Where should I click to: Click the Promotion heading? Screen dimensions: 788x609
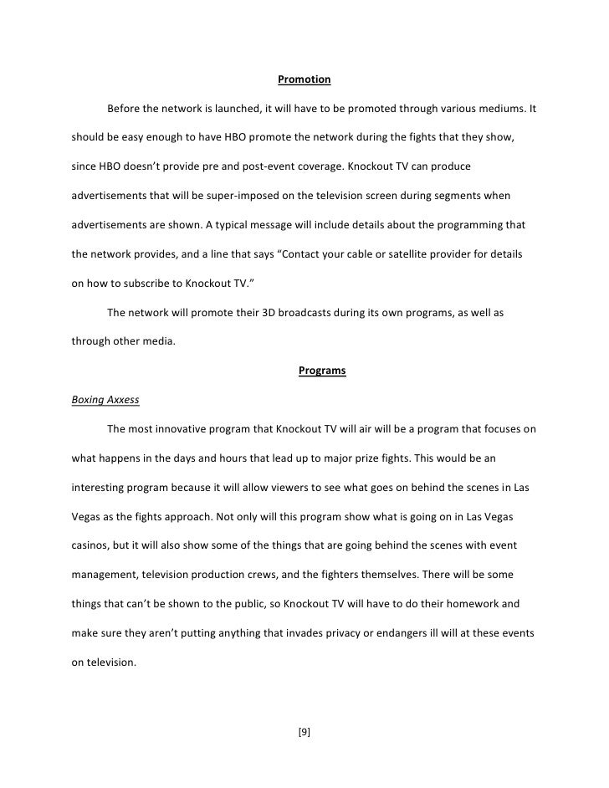coord(304,80)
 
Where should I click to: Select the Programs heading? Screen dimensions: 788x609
coord(321,371)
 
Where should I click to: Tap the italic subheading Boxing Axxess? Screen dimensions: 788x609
coord(105,401)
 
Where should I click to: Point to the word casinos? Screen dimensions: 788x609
coord(90,545)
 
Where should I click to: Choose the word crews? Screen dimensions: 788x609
coord(282,575)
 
